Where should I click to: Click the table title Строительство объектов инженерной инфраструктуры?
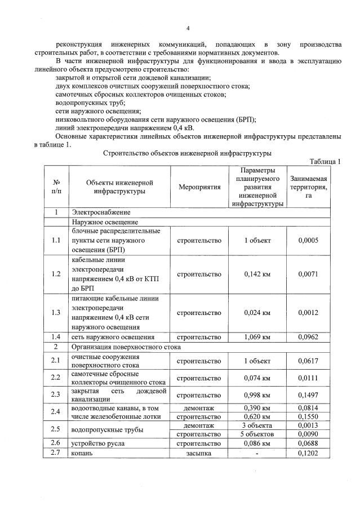point(188,153)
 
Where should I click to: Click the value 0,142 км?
point(257,274)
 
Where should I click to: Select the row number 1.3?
point(56,313)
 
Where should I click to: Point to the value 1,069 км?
point(257,337)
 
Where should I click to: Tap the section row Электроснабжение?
point(101,212)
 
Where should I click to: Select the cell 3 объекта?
point(257,425)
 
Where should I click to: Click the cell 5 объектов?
point(257,434)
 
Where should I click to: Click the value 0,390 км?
point(257,407)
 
